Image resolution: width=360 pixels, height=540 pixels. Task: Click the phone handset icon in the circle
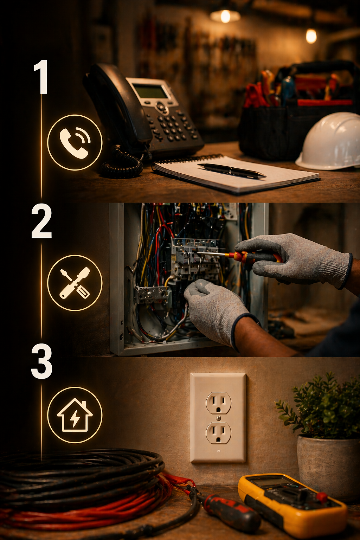click(75, 143)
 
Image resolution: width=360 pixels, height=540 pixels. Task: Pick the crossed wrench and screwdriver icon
click(75, 283)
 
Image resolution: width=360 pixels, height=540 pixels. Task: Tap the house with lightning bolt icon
click(75, 415)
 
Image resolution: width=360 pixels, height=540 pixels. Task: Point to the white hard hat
click(330, 142)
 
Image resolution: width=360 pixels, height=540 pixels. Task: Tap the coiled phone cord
click(121, 163)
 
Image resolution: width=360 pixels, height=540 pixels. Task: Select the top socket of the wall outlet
click(218, 403)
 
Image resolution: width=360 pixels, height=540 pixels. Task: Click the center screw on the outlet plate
click(218, 418)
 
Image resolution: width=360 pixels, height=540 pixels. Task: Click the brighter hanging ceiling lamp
click(225, 16)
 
